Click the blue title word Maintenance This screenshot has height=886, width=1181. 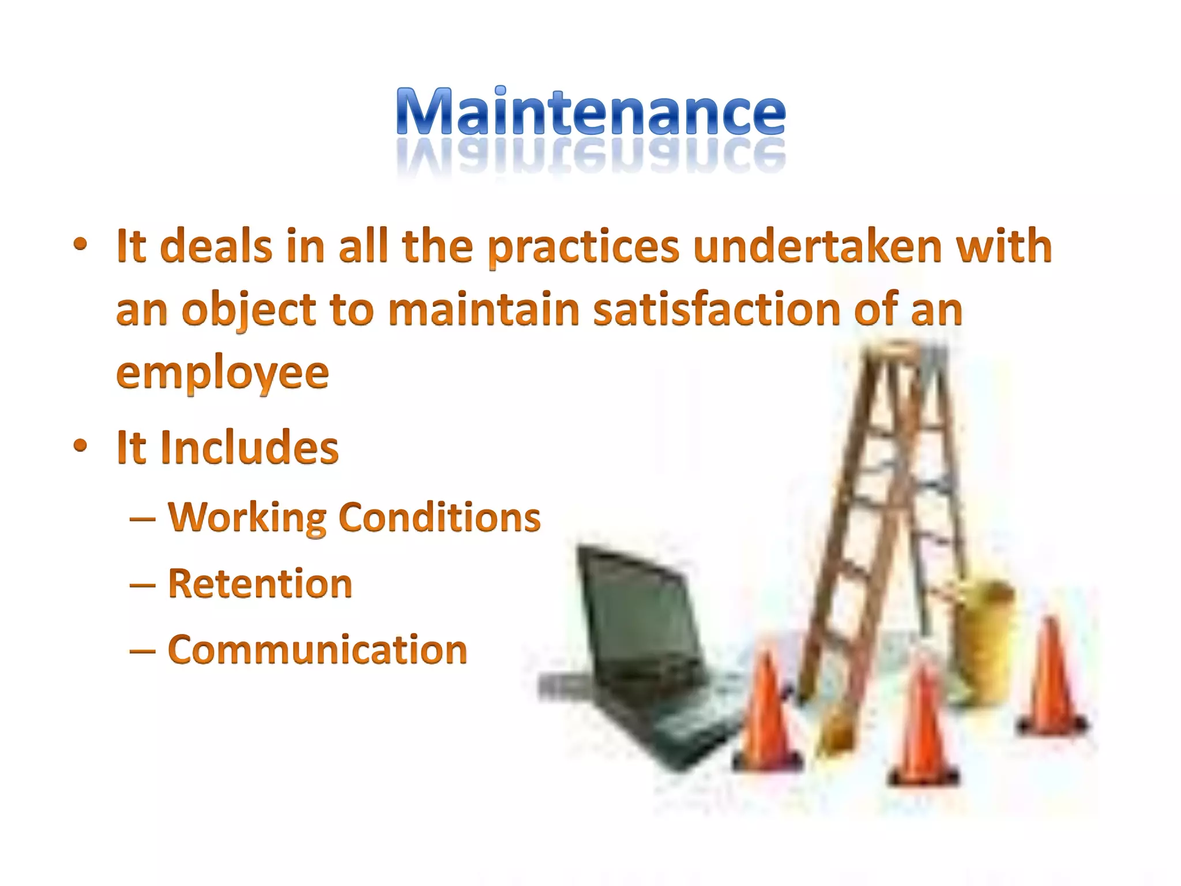coord(590,112)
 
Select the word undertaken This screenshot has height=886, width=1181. coord(818,247)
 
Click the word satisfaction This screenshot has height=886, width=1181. coord(717,310)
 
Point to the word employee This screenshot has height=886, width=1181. coord(222,374)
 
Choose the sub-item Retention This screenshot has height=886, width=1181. coord(259,584)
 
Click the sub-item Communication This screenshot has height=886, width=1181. coord(317,650)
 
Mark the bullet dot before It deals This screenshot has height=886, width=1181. coord(80,245)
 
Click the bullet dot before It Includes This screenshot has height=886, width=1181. coord(80,445)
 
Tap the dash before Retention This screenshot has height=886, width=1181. coord(142,585)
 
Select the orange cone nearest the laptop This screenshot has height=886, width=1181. coord(767,715)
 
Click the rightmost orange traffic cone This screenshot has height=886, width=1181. coord(1052,681)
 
